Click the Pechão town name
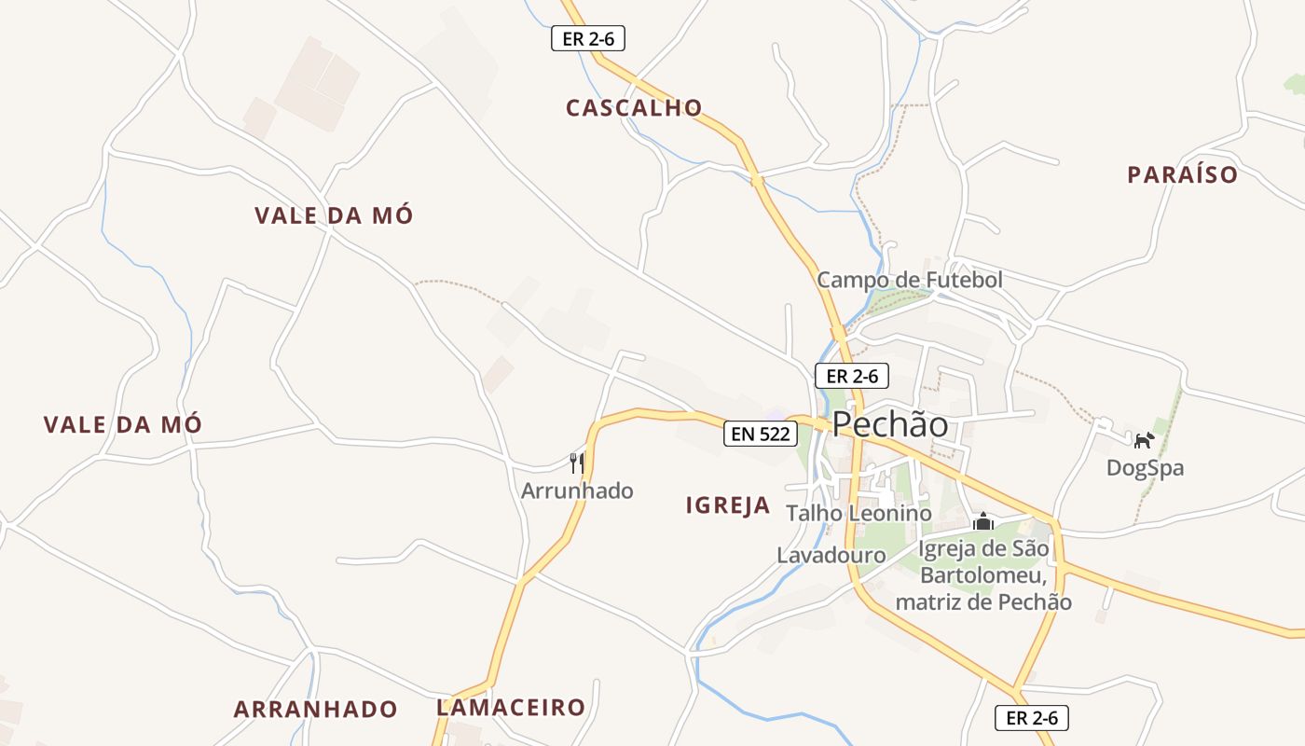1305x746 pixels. tap(890, 425)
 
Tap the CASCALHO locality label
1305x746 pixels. tap(634, 108)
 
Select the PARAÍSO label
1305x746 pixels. tap(1183, 175)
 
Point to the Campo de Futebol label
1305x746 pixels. tap(910, 280)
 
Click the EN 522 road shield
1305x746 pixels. tap(761, 434)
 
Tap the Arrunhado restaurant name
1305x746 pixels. tap(577, 490)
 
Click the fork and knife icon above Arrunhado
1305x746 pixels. tap(577, 463)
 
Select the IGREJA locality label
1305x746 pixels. tap(728, 505)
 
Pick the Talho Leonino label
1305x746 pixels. tap(859, 513)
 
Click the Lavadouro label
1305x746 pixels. tap(831, 555)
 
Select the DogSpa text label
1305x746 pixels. tap(1145, 468)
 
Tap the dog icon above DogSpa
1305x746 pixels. tap(1144, 439)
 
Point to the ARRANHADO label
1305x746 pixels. tap(315, 710)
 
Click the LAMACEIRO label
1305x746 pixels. tap(511, 708)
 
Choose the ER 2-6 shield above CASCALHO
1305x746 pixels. tap(587, 39)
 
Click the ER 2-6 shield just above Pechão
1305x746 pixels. tap(852, 377)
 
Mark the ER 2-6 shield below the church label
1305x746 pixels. tap(1032, 718)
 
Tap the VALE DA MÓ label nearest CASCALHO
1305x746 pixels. tap(334, 216)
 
